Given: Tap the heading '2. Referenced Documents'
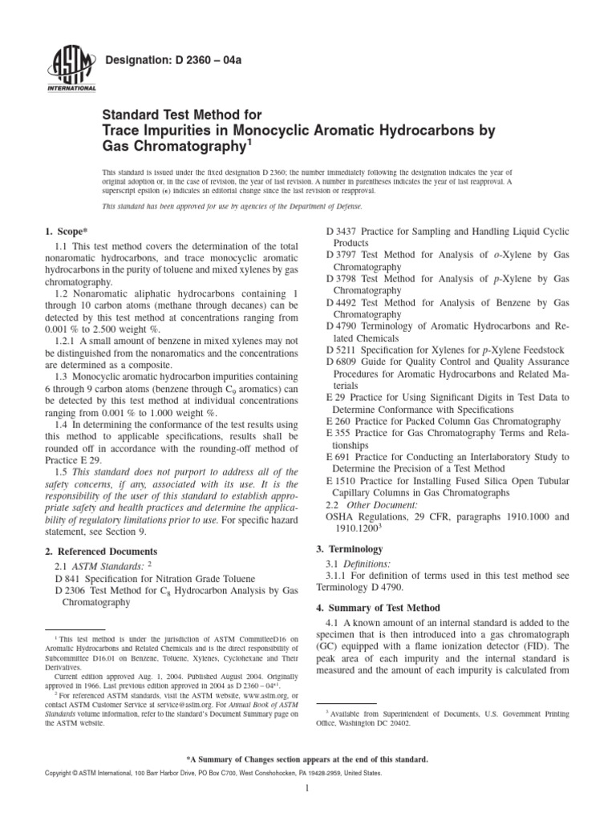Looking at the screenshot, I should tap(99, 552).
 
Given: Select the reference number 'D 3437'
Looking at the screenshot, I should tap(343, 232).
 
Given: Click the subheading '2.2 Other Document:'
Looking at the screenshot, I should tap(371, 505).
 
